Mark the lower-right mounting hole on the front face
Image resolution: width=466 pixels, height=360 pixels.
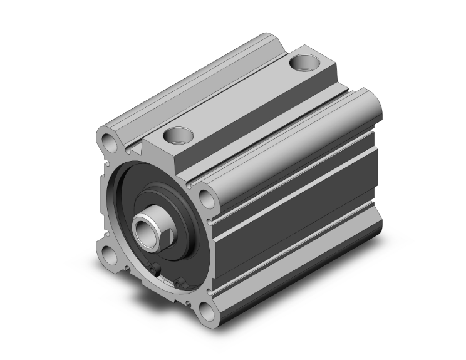click(207, 310)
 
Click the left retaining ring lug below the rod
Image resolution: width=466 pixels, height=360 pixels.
click(156, 270)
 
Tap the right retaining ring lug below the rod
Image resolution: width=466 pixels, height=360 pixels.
click(181, 284)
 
